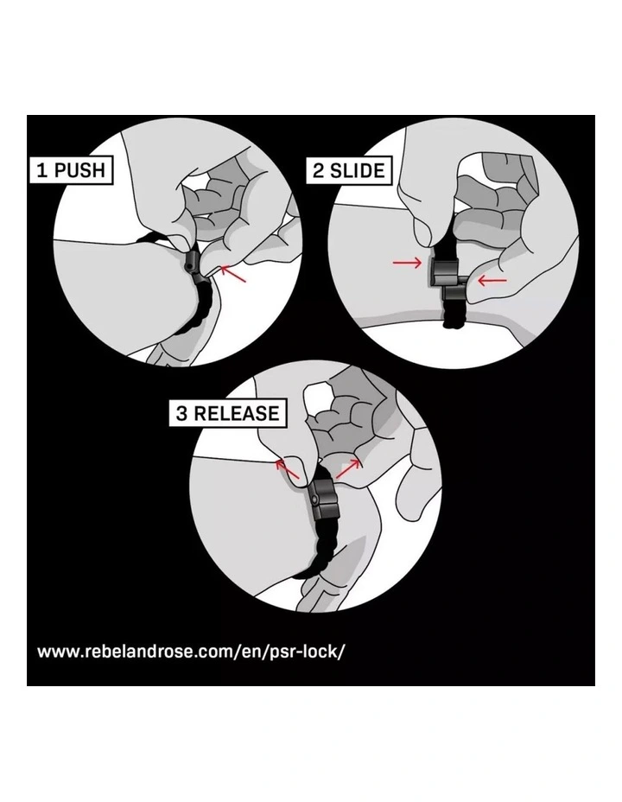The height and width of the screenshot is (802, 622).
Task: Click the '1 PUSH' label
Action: tap(72, 169)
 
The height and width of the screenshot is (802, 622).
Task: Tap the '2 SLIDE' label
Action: tap(348, 170)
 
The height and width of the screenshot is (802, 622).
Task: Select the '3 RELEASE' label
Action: tap(228, 413)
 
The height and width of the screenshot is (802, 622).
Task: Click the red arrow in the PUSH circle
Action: tap(233, 274)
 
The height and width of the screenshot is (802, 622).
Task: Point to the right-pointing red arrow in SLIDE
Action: tap(407, 263)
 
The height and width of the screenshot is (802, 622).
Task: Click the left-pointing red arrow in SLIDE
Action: tap(492, 280)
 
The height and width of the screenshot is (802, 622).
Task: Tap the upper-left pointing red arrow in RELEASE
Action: tap(287, 469)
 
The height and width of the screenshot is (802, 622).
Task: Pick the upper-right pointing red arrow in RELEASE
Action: tap(348, 468)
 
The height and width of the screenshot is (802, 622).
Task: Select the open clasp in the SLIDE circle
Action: tap(448, 280)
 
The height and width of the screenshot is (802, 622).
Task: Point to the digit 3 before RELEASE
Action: tap(181, 413)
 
